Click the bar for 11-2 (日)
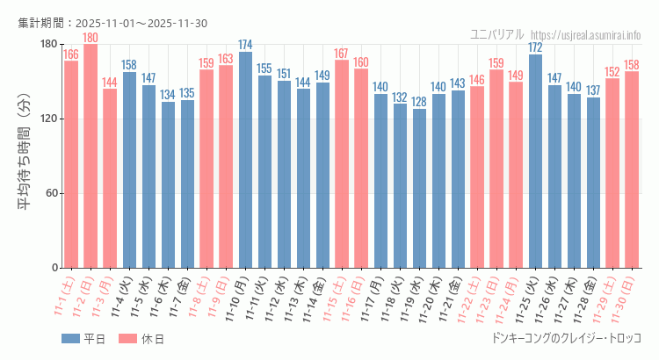pos(91,156)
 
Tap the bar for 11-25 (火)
pos(535,162)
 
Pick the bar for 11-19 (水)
pos(419,189)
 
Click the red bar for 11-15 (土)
pos(342,164)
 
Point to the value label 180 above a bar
pos(91,38)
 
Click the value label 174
pos(245,45)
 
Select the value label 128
pos(419,102)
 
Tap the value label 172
pos(535,47)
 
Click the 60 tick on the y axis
pos(51,193)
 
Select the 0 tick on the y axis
pos(54,268)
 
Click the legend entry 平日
pos(83,339)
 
